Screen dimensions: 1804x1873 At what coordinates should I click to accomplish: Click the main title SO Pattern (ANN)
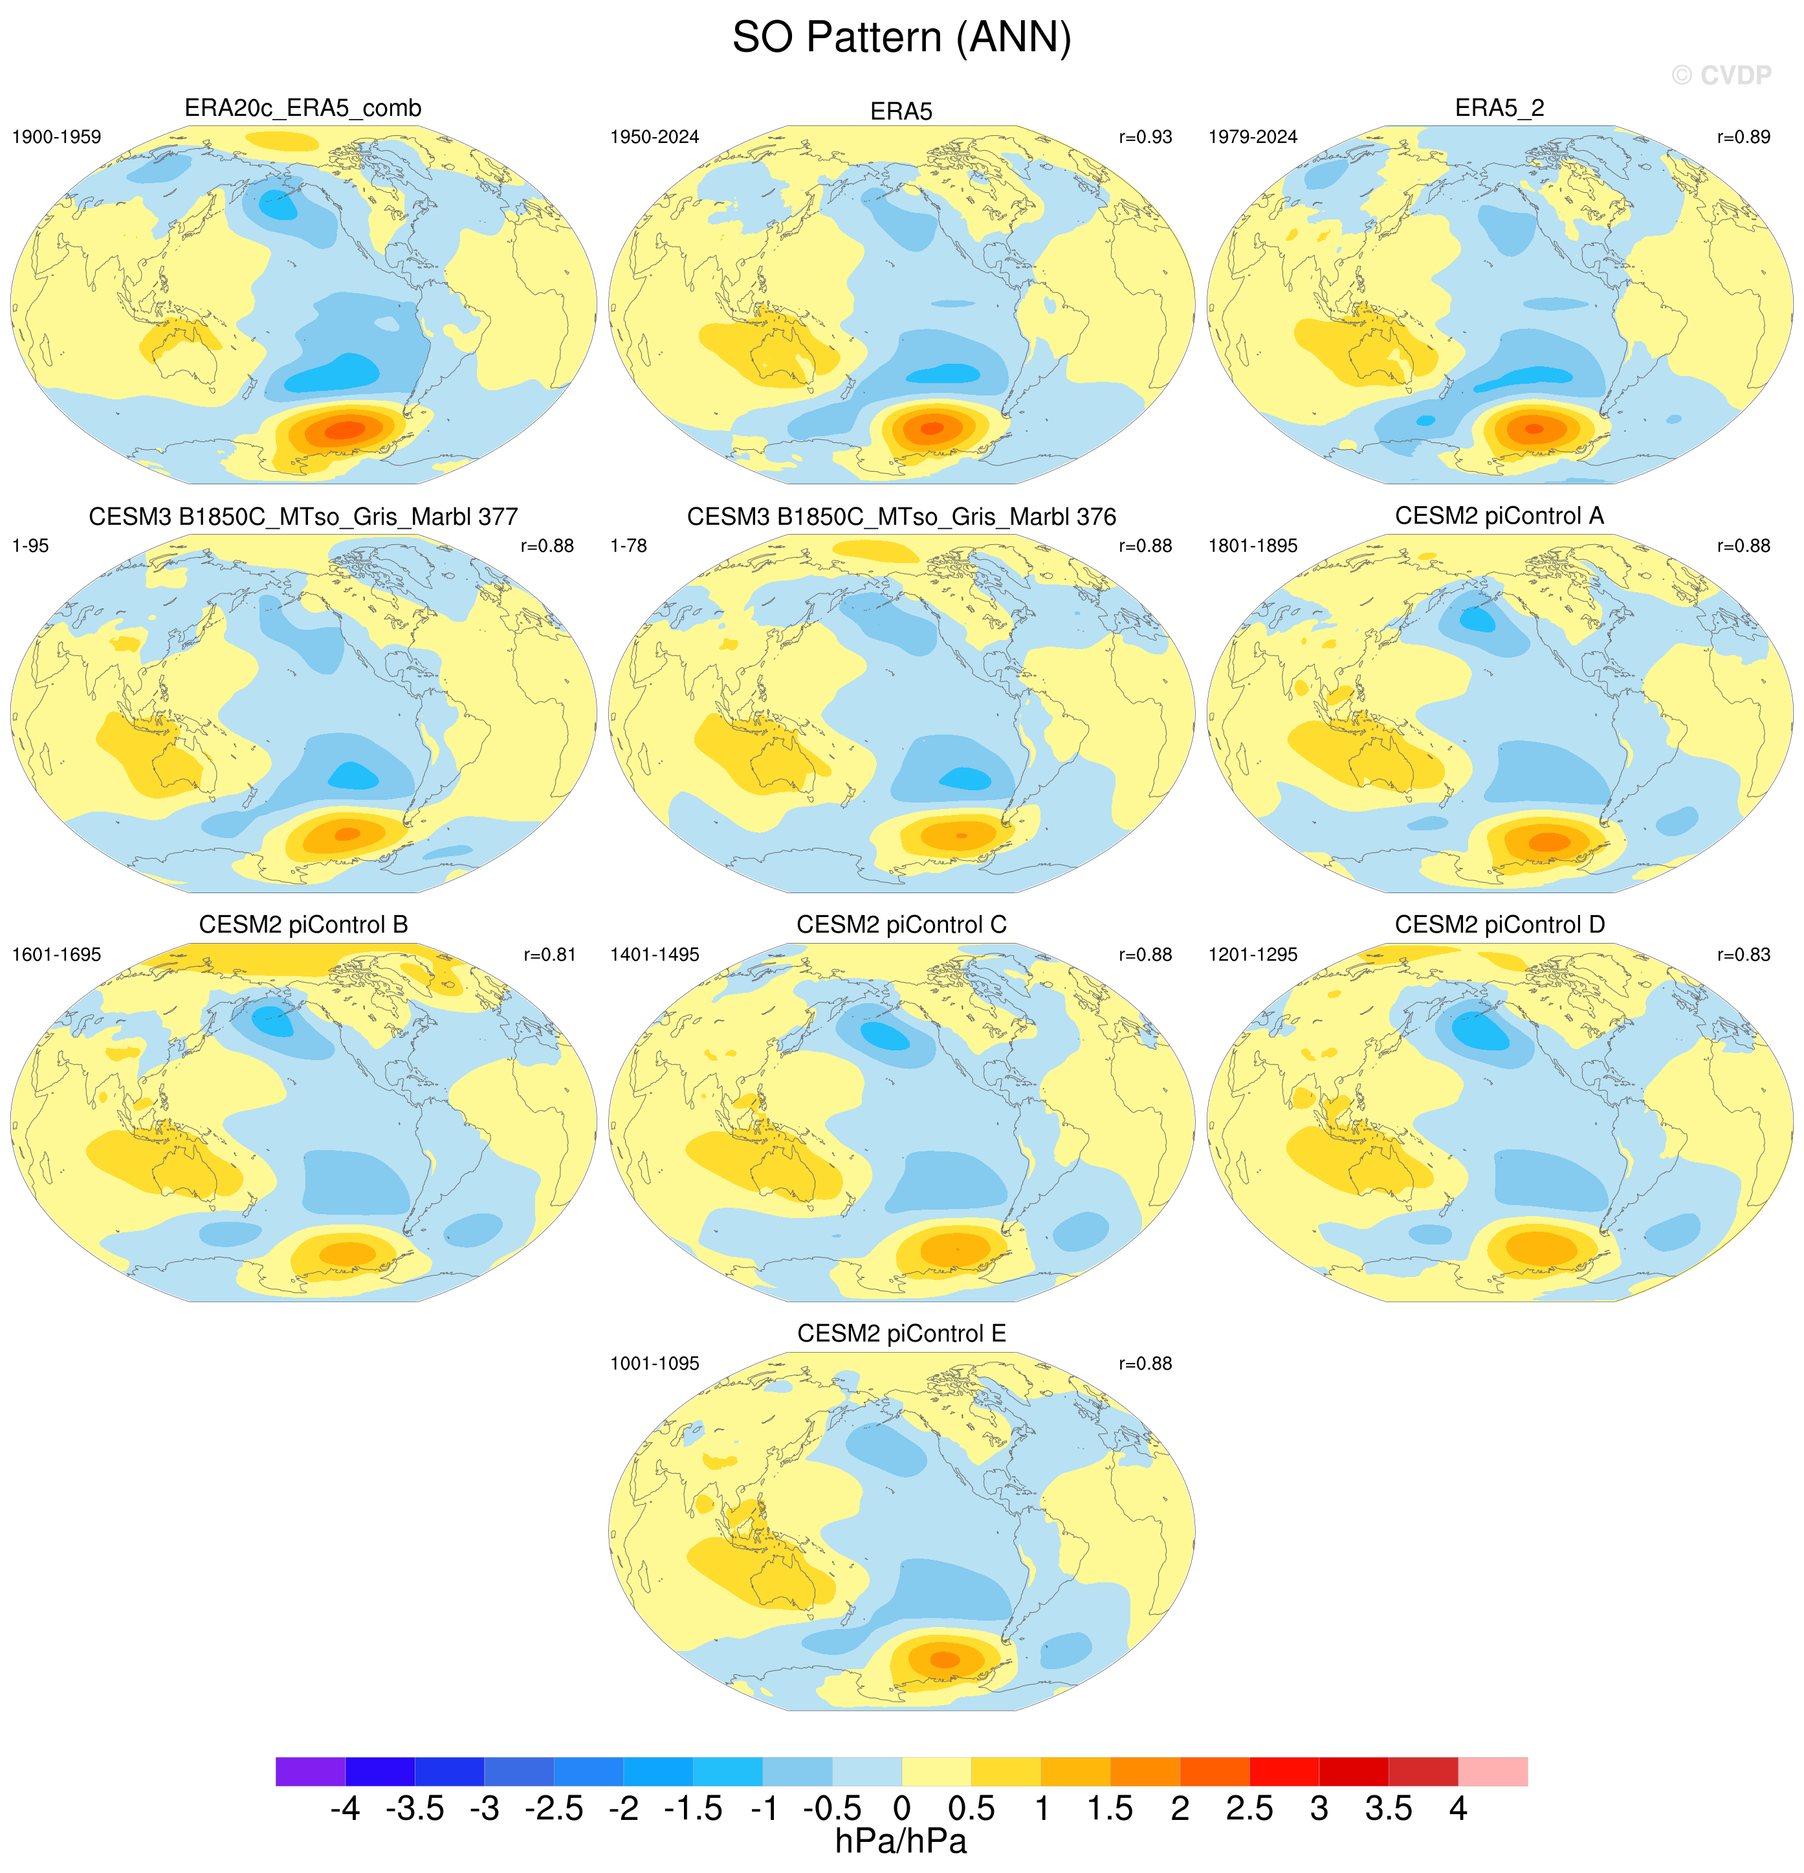[x=901, y=38]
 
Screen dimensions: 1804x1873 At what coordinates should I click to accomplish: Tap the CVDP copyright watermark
[x=1721, y=76]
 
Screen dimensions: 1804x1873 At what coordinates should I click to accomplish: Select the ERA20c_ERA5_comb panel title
[x=303, y=109]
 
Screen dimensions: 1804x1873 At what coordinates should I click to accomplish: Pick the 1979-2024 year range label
[x=1253, y=137]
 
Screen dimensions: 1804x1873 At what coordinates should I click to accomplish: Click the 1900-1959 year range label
[x=56, y=137]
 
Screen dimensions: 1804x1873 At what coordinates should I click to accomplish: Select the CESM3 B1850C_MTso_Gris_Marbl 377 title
[x=303, y=517]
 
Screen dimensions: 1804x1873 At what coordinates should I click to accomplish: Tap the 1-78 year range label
[x=629, y=546]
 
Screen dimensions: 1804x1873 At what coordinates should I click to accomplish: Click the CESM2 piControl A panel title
[x=1499, y=516]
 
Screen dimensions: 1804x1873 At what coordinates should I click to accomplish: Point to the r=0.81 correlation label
[x=549, y=955]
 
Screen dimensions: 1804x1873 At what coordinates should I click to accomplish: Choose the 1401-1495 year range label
[x=655, y=955]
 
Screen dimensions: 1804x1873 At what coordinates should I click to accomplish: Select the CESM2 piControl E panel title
[x=901, y=1333]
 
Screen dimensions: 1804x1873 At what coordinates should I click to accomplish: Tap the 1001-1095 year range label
[x=655, y=1364]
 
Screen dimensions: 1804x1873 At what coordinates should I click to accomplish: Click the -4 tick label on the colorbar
[x=345, y=1809]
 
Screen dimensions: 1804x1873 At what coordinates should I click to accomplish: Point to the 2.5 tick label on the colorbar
[x=1249, y=1809]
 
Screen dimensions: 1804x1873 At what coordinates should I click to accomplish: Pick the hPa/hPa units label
[x=901, y=1841]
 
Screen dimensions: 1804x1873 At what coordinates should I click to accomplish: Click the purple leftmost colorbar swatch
[x=311, y=1771]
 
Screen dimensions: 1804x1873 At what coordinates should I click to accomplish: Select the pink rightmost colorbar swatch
[x=1493, y=1771]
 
